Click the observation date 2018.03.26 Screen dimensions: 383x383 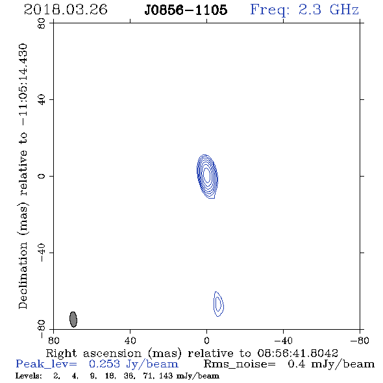66,10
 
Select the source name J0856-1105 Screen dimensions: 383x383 186,10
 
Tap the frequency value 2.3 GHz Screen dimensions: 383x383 328,10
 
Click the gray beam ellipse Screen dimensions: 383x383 73,319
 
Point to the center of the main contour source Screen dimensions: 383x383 207,175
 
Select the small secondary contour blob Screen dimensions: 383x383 218,304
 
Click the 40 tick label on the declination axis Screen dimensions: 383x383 42,100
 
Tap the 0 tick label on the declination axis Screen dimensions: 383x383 42,176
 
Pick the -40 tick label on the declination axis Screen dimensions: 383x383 42,253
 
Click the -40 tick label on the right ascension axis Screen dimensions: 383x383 283,340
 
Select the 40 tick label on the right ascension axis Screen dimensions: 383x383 130,340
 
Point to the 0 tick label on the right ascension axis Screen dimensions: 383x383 206,340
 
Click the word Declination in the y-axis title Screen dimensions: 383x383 23,275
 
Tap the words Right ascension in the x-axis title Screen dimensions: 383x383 93,353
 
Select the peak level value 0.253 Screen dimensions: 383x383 105,364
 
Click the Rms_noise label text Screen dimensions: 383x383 240,364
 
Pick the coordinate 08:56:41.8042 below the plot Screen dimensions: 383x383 297,353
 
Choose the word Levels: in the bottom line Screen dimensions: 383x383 29,376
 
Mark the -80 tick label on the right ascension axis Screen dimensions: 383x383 360,340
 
